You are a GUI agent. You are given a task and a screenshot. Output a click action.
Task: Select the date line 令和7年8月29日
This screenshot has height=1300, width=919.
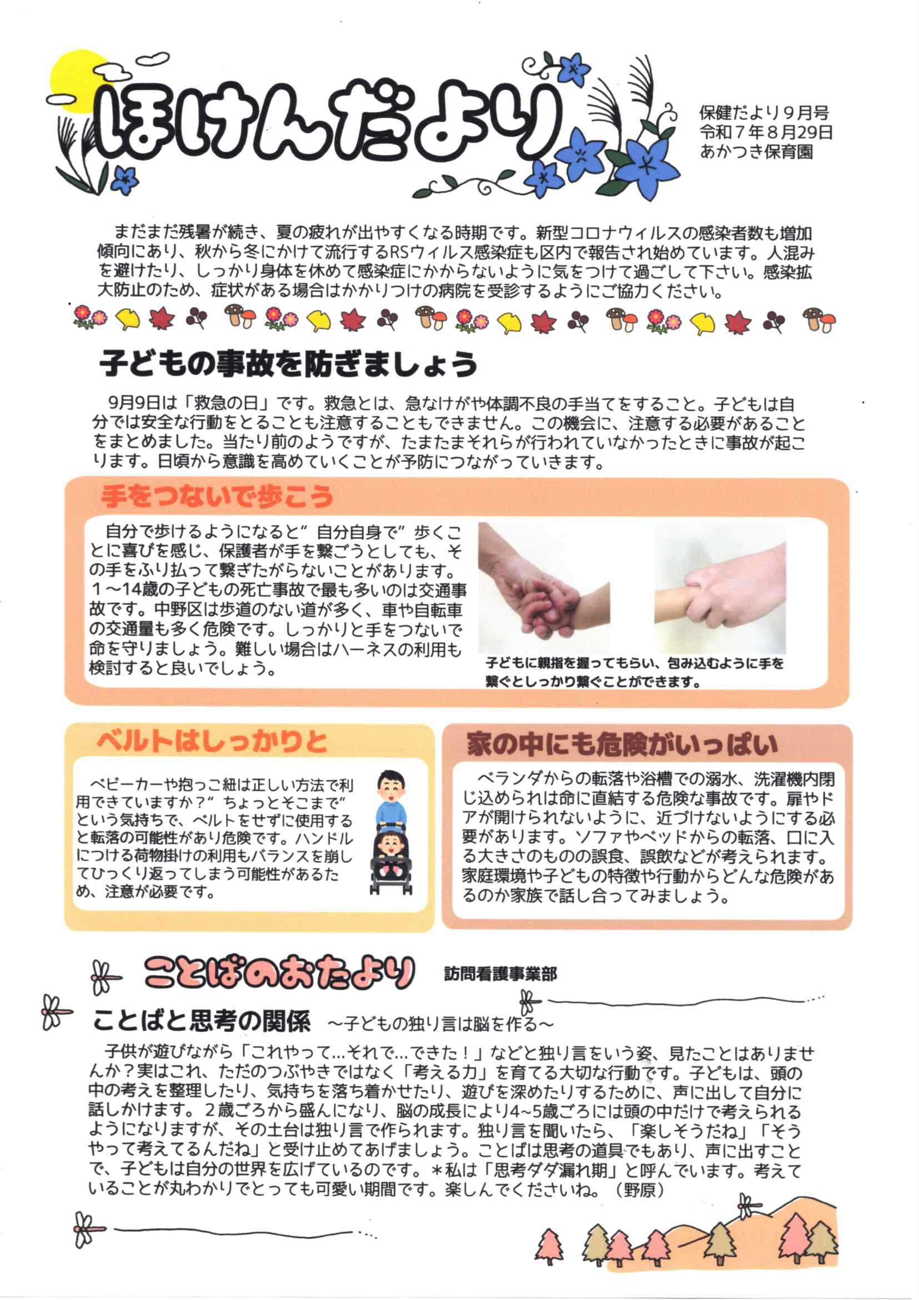[766, 132]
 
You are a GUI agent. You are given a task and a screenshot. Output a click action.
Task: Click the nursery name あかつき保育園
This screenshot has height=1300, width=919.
[757, 152]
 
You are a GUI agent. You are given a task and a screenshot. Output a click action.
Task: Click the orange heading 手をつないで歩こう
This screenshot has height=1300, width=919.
[217, 497]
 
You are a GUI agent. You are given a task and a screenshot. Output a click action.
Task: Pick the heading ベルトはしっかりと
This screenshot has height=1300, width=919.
[212, 741]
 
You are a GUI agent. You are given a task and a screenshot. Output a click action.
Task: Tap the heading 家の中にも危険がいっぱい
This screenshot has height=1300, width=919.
[621, 744]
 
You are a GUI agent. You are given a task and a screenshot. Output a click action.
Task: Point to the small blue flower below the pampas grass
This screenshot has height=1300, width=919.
[124, 180]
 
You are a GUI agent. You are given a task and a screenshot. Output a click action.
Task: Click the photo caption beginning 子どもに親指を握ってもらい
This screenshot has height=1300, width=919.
[635, 672]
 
